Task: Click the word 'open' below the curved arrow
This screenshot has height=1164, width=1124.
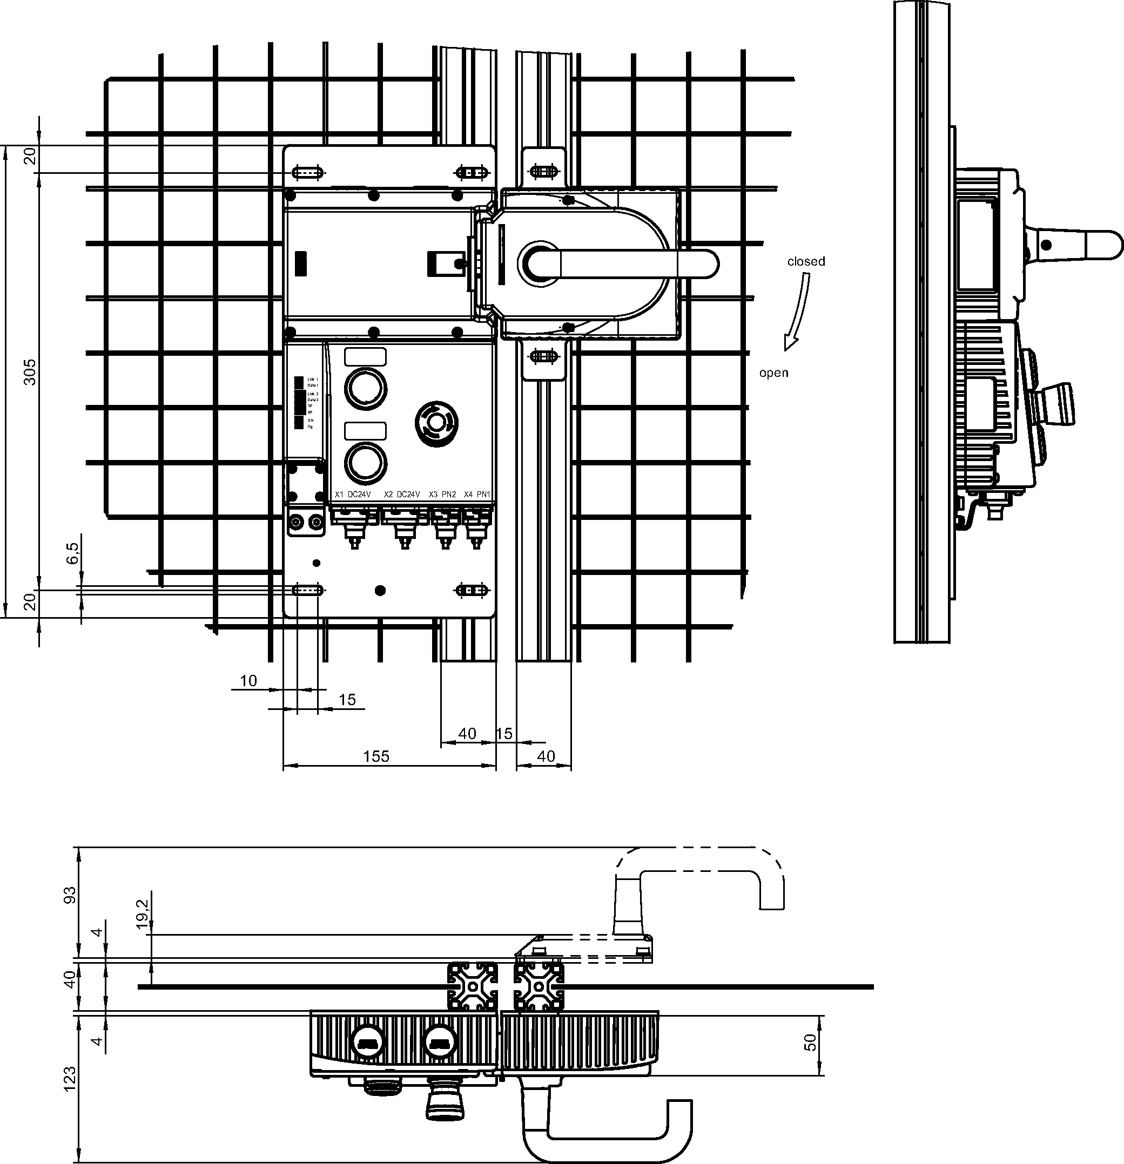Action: [x=773, y=373]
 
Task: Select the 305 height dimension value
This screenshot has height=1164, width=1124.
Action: [x=30, y=372]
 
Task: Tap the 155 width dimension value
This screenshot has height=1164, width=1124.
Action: [x=376, y=756]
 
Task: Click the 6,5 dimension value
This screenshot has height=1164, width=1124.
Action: [x=72, y=552]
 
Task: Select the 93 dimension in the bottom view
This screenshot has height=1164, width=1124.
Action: [x=70, y=895]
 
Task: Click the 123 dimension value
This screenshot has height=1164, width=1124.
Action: [x=70, y=1079]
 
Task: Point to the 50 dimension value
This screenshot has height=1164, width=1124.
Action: [x=810, y=1042]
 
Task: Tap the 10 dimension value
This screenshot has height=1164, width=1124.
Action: [x=248, y=681]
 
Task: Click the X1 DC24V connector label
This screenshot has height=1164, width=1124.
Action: [x=352, y=494]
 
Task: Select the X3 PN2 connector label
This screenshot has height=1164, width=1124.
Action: [x=442, y=494]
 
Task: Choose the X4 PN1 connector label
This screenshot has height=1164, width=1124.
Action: [x=477, y=494]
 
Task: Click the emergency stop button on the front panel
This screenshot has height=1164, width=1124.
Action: [x=436, y=423]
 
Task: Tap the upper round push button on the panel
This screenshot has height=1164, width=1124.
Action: [x=365, y=388]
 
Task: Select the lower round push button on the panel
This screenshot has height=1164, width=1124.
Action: [x=365, y=462]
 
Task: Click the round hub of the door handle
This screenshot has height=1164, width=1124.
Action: [x=540, y=263]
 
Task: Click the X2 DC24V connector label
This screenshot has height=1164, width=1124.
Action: [x=402, y=494]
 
